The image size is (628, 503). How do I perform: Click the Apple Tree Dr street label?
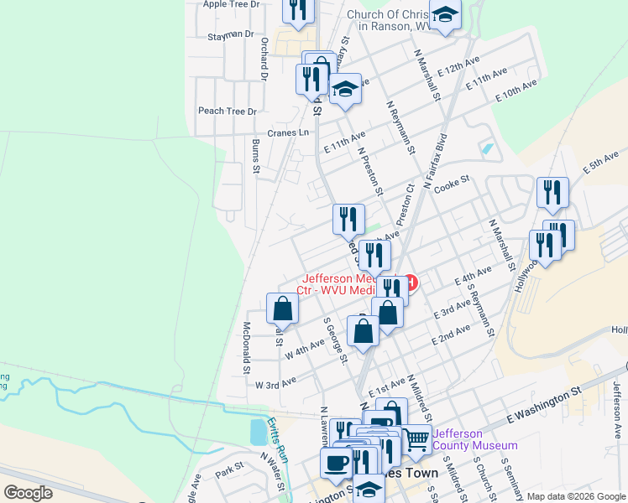click(x=232, y=4)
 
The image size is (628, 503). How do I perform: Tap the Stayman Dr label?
click(x=230, y=35)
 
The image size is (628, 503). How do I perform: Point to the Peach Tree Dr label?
click(x=227, y=111)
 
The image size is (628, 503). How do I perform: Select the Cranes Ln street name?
click(x=288, y=132)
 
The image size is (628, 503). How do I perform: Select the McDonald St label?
click(x=247, y=347)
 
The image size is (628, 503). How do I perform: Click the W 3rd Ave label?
click(x=276, y=382)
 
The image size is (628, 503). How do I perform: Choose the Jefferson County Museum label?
click(x=474, y=439)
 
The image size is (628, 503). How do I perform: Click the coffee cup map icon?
click(x=338, y=462)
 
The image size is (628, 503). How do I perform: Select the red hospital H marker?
click(x=411, y=283)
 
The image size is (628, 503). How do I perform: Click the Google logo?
click(x=29, y=493)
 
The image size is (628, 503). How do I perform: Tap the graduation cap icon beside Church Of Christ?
click(x=446, y=14)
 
